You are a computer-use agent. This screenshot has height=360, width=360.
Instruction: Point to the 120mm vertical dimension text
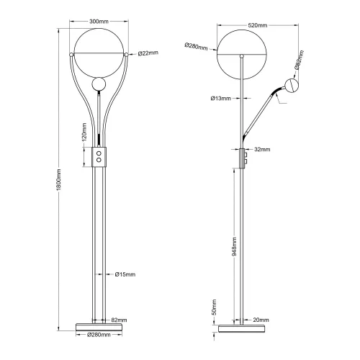[84, 133]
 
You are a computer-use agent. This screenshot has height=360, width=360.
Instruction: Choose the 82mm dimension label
[120, 320]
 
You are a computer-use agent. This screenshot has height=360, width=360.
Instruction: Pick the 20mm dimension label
[261, 320]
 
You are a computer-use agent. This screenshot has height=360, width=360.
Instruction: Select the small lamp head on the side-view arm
[292, 86]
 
